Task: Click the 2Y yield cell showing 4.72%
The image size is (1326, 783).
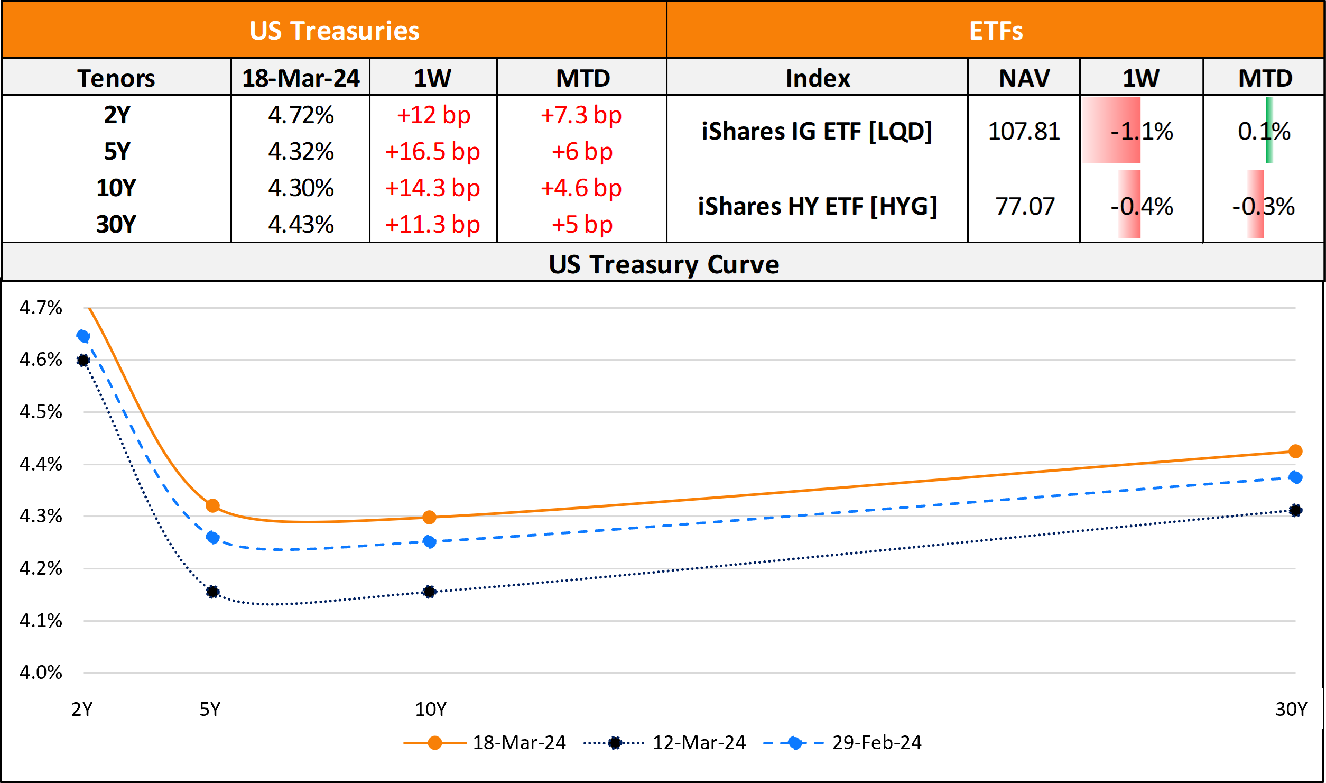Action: [301, 115]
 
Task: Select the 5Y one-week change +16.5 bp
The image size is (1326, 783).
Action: [432, 152]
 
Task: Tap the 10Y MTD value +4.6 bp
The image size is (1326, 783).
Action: [581, 188]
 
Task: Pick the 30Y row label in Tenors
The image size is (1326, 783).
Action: [116, 225]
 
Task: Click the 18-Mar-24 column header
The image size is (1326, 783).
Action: [301, 78]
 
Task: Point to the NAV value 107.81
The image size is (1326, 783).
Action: [1024, 131]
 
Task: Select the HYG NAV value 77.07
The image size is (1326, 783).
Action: [1025, 206]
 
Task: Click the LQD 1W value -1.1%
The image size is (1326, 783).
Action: [1142, 131]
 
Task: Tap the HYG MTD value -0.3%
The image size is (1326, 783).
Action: [1263, 206]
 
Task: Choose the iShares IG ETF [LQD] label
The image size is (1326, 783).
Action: [817, 131]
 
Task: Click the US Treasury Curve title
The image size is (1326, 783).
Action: [664, 264]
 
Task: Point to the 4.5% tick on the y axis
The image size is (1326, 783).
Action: [41, 412]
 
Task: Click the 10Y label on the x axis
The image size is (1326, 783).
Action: [430, 709]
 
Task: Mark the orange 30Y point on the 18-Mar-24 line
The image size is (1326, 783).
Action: [1295, 451]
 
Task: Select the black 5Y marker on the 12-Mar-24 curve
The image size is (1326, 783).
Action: [212, 592]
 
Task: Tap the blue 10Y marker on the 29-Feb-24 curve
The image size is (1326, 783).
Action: [430, 541]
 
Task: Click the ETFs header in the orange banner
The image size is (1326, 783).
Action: [996, 31]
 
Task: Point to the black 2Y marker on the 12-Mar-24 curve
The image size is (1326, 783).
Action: [83, 361]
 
